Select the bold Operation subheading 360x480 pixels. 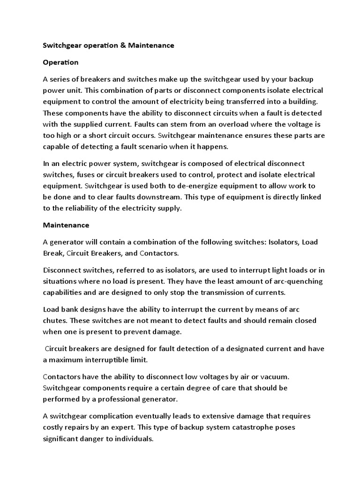pos(60,62)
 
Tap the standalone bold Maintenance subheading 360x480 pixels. pos(66,225)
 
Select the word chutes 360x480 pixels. pos(55,321)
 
